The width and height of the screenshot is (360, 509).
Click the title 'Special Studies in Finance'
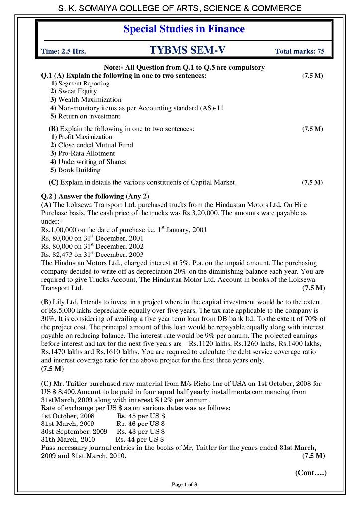pos(184,29)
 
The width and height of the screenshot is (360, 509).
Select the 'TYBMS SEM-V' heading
pos(187,50)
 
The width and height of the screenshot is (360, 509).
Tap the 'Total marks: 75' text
pos(299,51)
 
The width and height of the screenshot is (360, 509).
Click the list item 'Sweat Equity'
pos(77,91)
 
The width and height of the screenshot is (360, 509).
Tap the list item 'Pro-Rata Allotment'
pos(86,153)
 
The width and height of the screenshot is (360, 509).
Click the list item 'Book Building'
pos(79,170)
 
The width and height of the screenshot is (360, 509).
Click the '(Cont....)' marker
pos(310,473)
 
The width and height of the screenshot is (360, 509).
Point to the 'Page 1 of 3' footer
pos(184,485)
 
